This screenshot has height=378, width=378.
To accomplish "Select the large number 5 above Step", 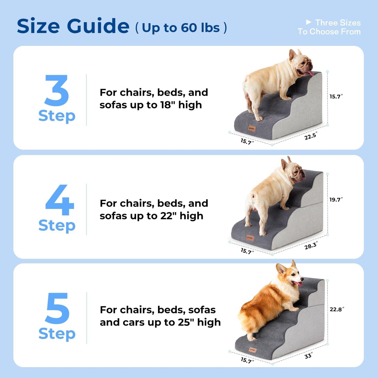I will point(57,308).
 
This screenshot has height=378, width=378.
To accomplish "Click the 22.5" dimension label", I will point(311,136).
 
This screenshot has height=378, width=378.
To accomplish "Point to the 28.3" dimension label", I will point(311,246).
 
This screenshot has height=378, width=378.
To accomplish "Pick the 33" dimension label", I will point(308,356).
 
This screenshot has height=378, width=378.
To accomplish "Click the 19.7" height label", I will point(336,200).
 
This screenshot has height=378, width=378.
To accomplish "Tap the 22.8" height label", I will point(337,309).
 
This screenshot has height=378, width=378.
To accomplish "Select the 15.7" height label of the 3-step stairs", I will point(336,97).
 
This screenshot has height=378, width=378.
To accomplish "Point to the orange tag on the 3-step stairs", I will point(252,128).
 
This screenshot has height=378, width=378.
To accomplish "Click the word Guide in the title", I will point(98,26).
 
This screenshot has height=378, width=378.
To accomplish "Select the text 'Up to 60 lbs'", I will point(181,28).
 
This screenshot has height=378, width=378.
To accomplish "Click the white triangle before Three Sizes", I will point(308,22).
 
